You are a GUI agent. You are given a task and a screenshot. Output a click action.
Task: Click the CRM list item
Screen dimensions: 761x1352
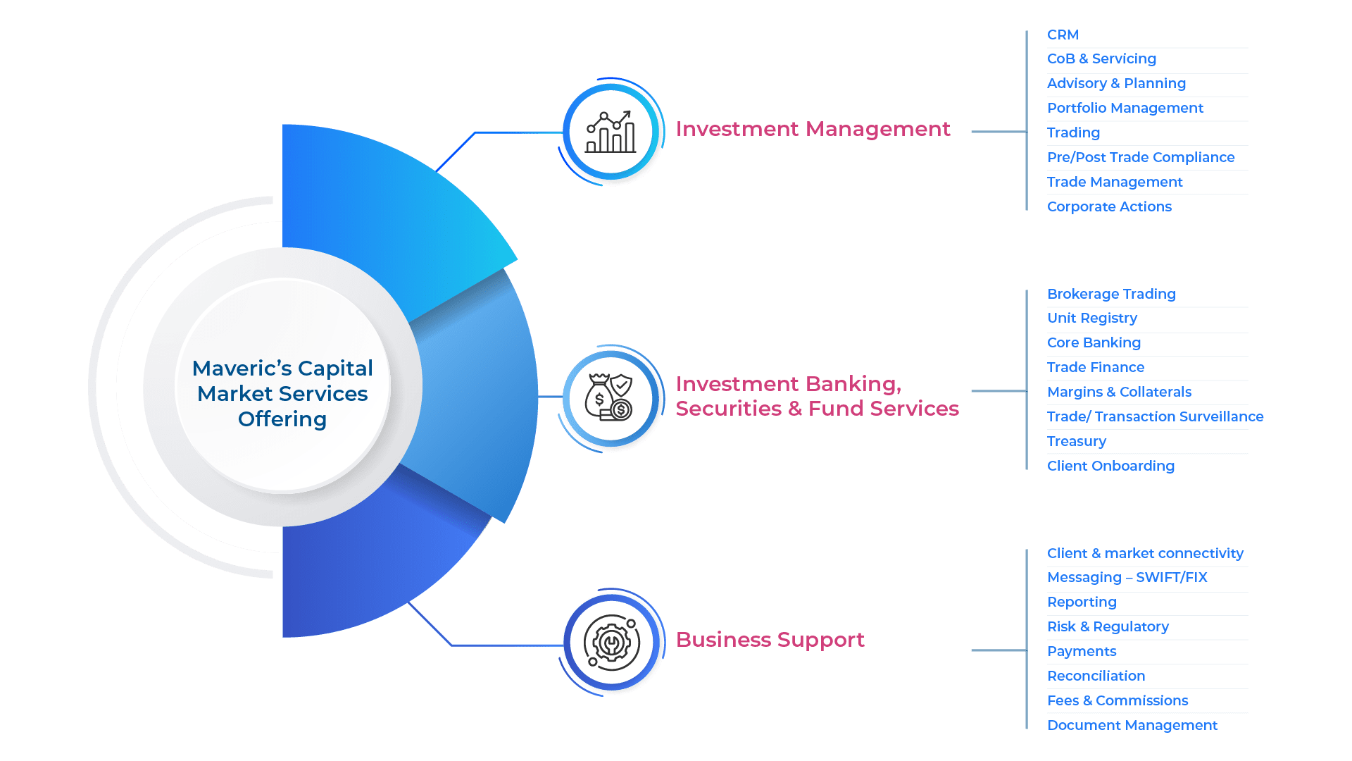click(x=1062, y=35)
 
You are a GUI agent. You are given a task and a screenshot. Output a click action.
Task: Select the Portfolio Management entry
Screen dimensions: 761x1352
click(x=1125, y=108)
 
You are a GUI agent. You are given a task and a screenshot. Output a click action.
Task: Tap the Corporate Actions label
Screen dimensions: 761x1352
click(x=1109, y=206)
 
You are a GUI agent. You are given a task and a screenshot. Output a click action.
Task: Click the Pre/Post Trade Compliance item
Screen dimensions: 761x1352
click(x=1140, y=157)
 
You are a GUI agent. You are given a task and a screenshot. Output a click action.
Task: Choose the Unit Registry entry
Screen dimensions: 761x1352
click(x=1091, y=318)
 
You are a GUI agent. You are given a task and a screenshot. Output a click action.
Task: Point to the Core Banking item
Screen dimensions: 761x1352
click(x=1094, y=342)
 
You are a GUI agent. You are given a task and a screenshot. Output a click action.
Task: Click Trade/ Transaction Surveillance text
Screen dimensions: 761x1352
click(x=1155, y=416)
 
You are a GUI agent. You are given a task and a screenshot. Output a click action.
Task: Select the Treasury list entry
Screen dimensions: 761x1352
click(x=1076, y=441)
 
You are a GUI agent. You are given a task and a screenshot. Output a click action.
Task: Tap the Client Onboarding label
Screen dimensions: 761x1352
click(x=1110, y=466)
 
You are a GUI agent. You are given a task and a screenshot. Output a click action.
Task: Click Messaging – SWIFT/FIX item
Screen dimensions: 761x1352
click(x=1127, y=577)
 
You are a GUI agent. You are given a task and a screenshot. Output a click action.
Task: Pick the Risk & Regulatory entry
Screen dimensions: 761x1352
click(x=1108, y=626)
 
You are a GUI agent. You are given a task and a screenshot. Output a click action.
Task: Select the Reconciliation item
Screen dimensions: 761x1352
click(x=1096, y=676)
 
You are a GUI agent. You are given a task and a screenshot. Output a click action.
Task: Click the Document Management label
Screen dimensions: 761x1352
click(x=1132, y=725)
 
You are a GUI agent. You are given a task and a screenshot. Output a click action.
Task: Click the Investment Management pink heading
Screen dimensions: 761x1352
click(x=813, y=129)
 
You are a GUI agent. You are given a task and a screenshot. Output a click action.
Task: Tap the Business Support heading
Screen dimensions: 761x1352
click(x=770, y=640)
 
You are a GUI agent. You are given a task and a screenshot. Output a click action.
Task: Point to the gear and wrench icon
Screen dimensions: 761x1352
click(x=611, y=643)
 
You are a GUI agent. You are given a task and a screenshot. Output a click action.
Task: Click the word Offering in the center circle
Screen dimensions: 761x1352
click(x=282, y=419)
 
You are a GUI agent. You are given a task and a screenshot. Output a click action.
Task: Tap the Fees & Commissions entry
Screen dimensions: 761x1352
click(x=1118, y=700)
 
